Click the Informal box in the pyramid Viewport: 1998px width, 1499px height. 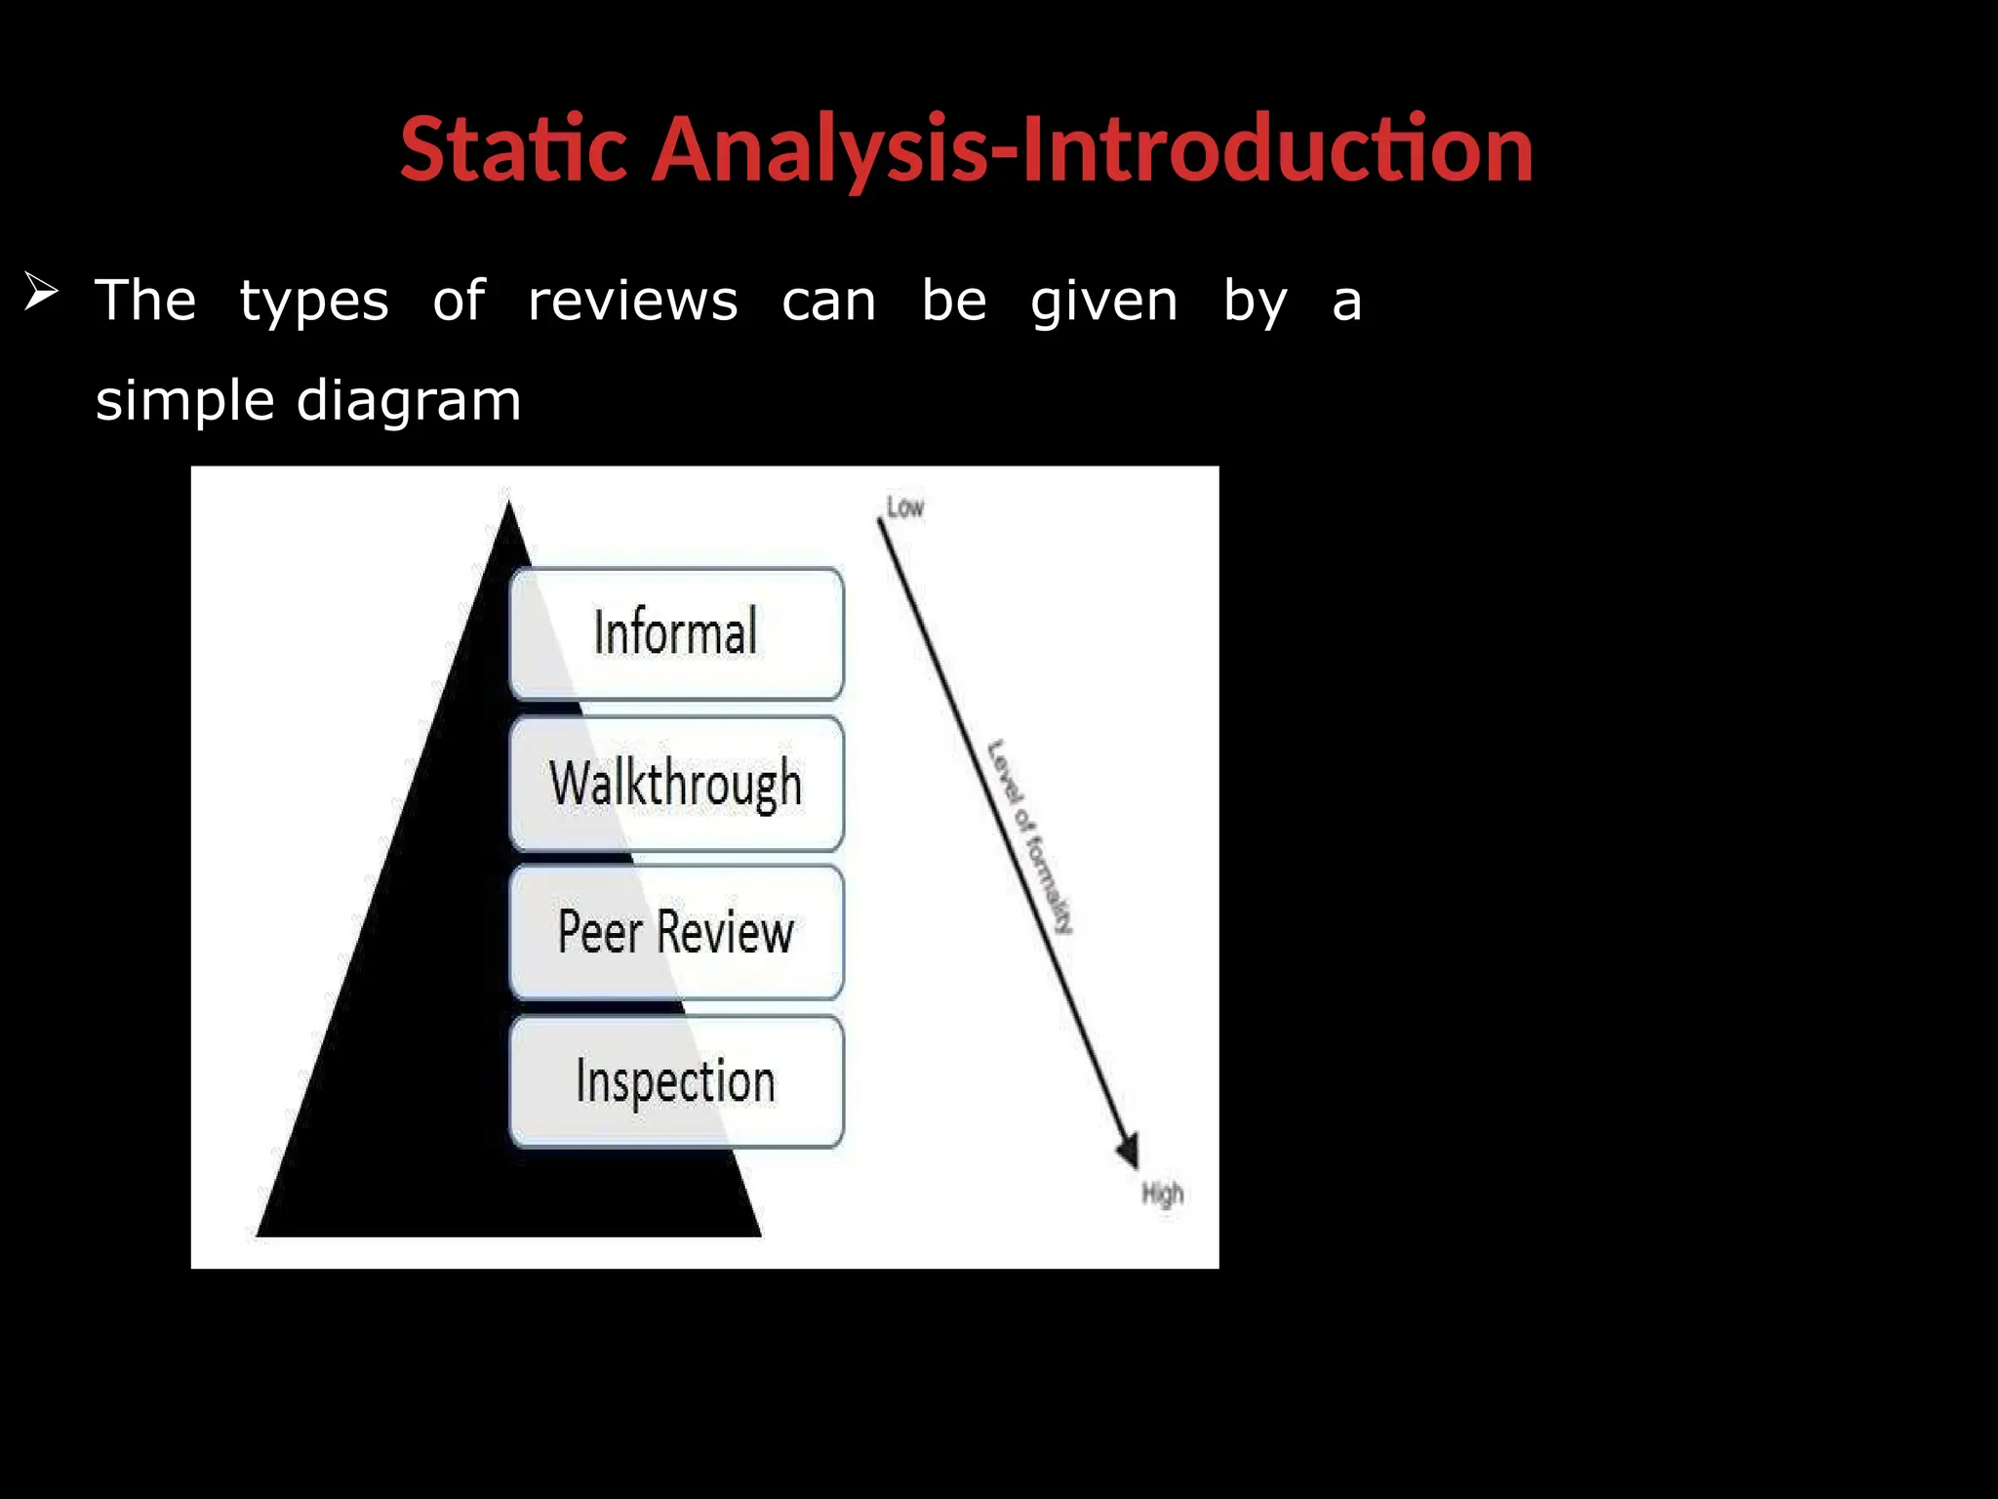coord(676,633)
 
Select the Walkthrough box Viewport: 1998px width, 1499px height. coord(676,784)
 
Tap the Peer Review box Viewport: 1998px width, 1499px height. coord(676,932)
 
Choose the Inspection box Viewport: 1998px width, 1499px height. coord(676,1081)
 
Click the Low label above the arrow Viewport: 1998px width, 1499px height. coord(904,507)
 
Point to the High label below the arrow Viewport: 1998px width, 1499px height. coord(1162,1194)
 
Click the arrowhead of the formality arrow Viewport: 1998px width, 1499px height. coord(1128,1152)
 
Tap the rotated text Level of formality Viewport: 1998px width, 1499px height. coord(1029,837)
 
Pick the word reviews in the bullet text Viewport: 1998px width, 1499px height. coord(632,301)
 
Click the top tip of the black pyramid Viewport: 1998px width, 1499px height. coord(508,504)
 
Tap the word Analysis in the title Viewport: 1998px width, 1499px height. coord(820,151)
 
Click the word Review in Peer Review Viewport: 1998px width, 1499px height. coord(726,932)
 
